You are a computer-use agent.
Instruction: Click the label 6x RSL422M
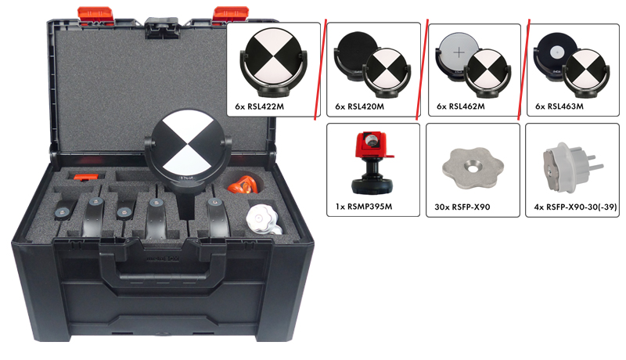click(260, 106)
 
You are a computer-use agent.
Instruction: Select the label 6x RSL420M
click(359, 106)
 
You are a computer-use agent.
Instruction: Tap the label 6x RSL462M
click(461, 106)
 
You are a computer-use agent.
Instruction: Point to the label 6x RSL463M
click(559, 106)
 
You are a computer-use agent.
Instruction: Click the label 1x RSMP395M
click(364, 207)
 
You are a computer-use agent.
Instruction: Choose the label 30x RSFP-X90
click(462, 207)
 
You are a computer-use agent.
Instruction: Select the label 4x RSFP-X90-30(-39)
click(575, 207)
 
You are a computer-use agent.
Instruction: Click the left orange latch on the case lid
click(95, 15)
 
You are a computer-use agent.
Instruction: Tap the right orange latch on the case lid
click(230, 14)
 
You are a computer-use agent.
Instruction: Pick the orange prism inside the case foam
click(245, 185)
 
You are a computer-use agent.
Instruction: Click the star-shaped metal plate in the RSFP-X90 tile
click(473, 167)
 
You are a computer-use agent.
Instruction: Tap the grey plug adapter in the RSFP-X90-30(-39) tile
click(572, 167)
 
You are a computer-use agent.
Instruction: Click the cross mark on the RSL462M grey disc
click(459, 52)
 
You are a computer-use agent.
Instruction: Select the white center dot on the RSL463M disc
click(556, 52)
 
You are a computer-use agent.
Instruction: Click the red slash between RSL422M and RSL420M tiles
click(321, 69)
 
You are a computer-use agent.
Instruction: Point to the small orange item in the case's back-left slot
click(86, 177)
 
